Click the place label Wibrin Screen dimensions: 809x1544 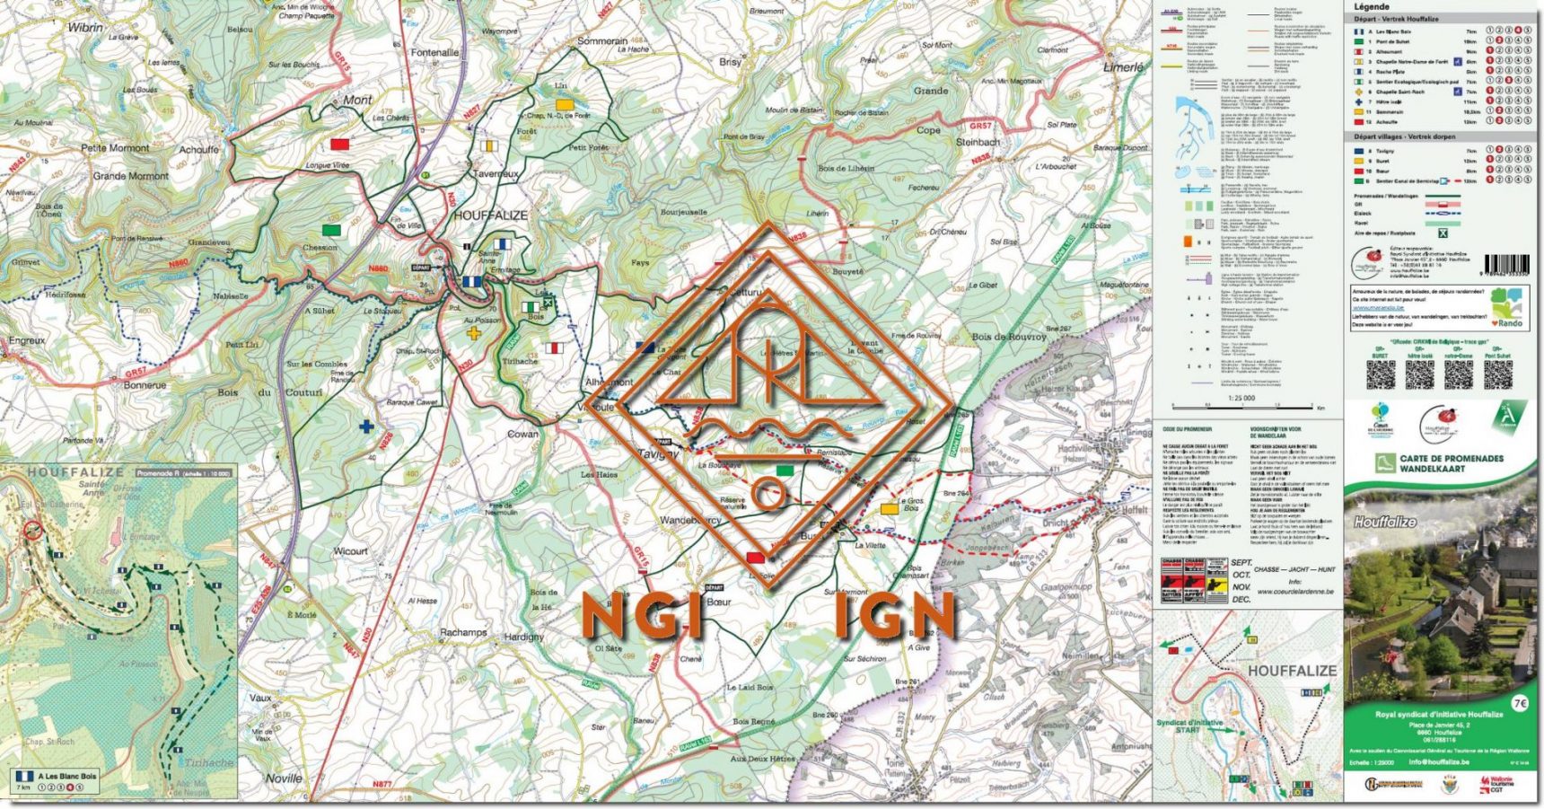(x=85, y=27)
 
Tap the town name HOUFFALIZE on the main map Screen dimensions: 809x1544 (x=490, y=215)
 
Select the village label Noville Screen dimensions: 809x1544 (x=284, y=778)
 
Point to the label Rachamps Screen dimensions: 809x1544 (x=462, y=632)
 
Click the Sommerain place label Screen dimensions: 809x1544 (x=601, y=41)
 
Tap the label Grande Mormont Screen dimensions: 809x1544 (x=130, y=176)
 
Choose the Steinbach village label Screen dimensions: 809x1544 (x=978, y=142)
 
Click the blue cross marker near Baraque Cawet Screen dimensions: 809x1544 (x=366, y=426)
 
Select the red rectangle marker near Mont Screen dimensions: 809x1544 (x=339, y=144)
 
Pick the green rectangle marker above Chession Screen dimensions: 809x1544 (x=331, y=230)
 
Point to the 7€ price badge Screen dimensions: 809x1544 (x=1519, y=704)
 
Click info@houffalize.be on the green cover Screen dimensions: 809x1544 (x=1439, y=762)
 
